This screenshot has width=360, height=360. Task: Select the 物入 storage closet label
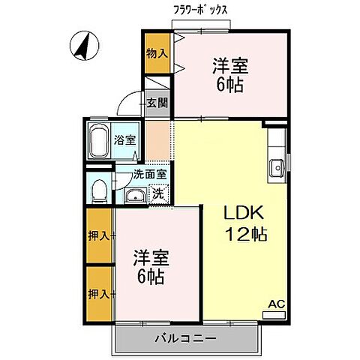[157, 54]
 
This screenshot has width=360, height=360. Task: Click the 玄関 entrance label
[157, 103]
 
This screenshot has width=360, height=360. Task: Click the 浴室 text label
[124, 139]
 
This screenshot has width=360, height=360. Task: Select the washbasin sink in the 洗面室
[136, 196]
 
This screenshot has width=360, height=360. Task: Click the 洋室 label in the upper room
[231, 64]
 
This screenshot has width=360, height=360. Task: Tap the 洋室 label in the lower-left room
[153, 256]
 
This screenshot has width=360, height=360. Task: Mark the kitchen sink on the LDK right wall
[275, 166]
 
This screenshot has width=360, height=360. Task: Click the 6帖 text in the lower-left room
[153, 277]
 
